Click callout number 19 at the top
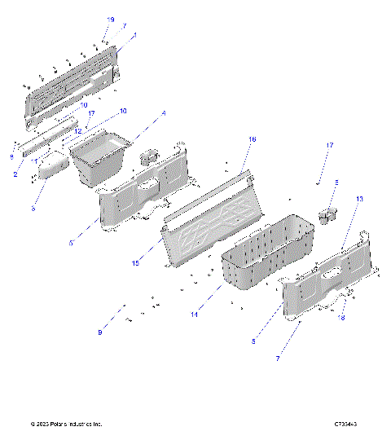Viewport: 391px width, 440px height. [111, 18]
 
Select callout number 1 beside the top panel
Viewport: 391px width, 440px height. [134, 37]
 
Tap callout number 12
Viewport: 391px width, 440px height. [79, 130]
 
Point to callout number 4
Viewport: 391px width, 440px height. [163, 112]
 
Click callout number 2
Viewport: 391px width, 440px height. [15, 174]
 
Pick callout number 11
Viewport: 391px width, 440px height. [35, 161]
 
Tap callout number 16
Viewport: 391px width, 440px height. [252, 140]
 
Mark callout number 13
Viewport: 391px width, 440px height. [359, 199]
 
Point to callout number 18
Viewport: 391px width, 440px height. [342, 318]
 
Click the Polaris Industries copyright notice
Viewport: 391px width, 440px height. [66, 425]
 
